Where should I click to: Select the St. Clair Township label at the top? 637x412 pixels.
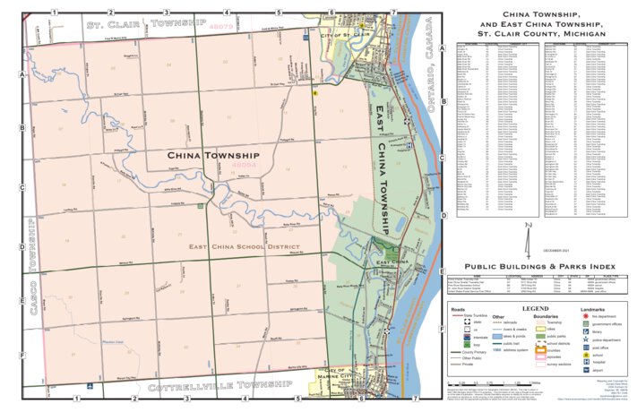point(146,22)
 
